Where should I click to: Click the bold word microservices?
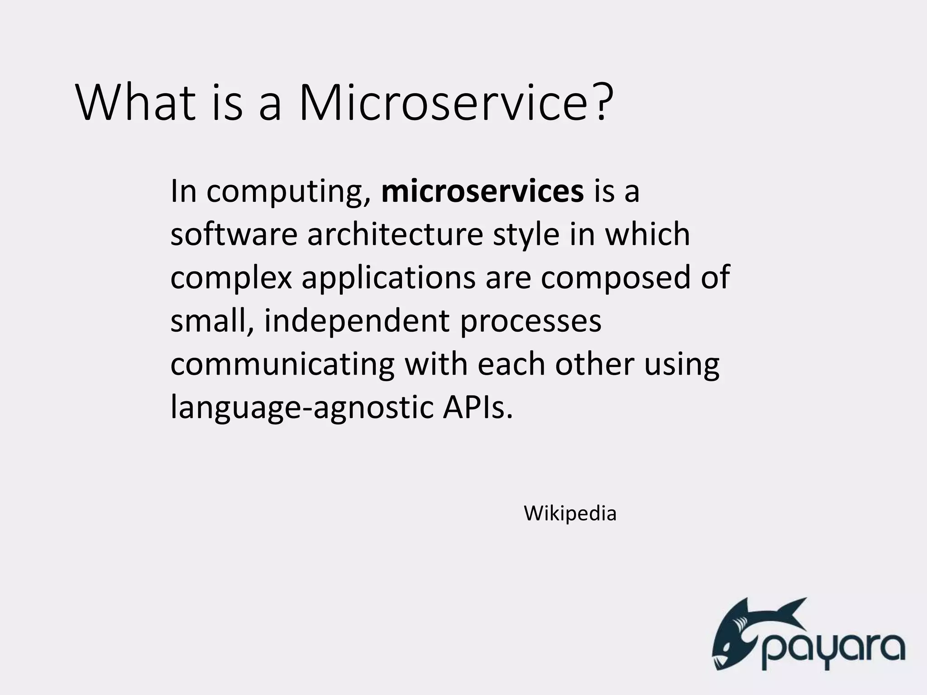(x=483, y=191)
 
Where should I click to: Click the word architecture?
(x=395, y=234)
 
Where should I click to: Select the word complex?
(x=231, y=278)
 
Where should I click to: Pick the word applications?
(x=388, y=278)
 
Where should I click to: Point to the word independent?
(x=357, y=321)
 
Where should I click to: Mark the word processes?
(x=530, y=322)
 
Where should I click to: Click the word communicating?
(x=282, y=364)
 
